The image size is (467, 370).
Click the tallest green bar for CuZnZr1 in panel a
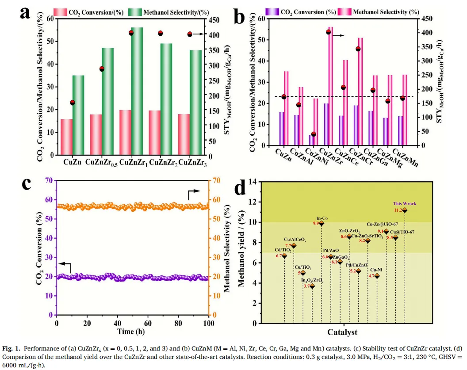coord(137,91)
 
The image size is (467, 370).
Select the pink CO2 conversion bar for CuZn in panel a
coord(67,137)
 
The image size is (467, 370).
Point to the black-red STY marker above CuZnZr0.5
coord(102,69)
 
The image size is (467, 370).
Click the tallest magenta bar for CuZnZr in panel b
coord(330,86)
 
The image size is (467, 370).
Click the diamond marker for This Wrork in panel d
coord(405,210)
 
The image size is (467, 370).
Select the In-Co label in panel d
coord(322,218)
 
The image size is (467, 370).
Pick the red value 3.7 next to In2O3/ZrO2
coord(306,286)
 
